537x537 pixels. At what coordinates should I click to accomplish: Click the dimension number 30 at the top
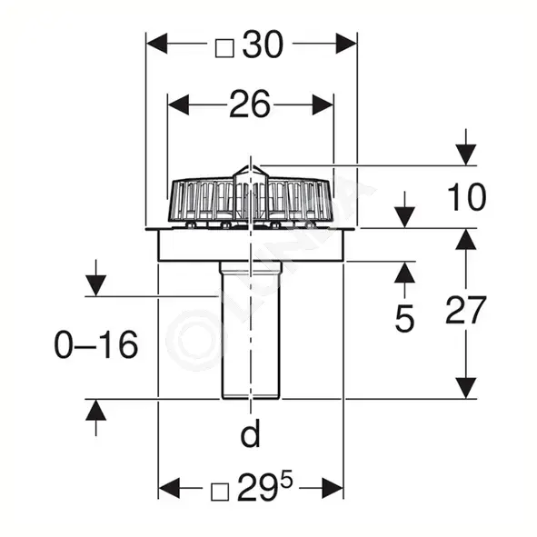click(263, 45)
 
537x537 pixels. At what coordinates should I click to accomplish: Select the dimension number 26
click(250, 104)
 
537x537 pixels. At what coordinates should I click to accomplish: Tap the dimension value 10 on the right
click(466, 197)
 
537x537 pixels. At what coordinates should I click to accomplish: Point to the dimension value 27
click(466, 310)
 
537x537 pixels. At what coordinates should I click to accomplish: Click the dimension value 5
click(404, 319)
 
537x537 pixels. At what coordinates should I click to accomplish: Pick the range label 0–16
click(96, 344)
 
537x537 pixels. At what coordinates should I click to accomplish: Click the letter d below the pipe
click(251, 433)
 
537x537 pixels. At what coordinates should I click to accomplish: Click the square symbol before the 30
click(224, 48)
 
